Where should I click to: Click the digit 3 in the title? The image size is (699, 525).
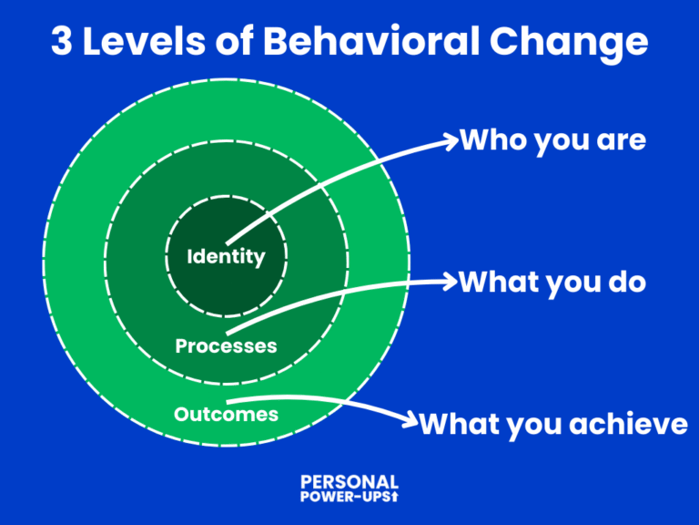pyautogui.click(x=63, y=43)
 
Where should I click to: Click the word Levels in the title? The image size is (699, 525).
pyautogui.click(x=144, y=43)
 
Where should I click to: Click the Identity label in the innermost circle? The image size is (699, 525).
pyautogui.click(x=226, y=257)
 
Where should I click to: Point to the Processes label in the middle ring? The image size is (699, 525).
pyautogui.click(x=226, y=346)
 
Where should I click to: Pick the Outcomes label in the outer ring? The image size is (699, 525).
pyautogui.click(x=226, y=414)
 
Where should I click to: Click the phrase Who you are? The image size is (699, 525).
pyautogui.click(x=552, y=140)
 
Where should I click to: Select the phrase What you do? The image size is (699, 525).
pyautogui.click(x=552, y=282)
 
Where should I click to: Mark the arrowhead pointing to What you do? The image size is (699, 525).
pyautogui.click(x=448, y=282)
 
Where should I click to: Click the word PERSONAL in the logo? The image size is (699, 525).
pyautogui.click(x=349, y=482)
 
